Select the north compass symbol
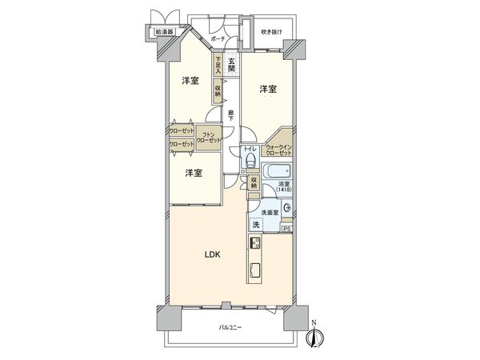tap(314, 338)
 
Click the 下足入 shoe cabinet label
tap(217, 63)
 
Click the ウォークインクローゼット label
tap(280, 150)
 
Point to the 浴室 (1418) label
tap(284, 189)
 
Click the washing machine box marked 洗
tap(257, 225)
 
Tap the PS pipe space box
tap(287, 230)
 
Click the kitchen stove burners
tap(256, 242)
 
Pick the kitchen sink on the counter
tap(256, 269)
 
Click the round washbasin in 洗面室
tap(286, 208)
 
